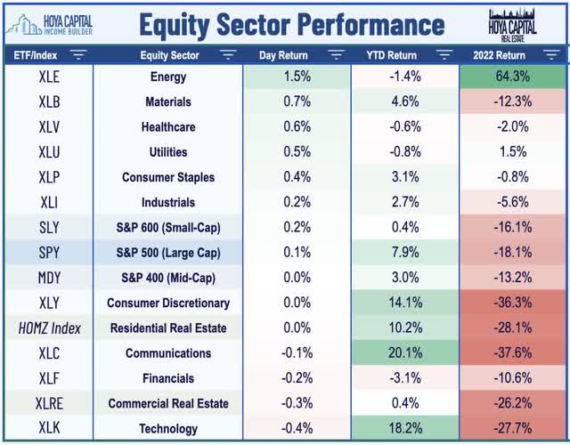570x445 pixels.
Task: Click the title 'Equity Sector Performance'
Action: pos(292,22)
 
